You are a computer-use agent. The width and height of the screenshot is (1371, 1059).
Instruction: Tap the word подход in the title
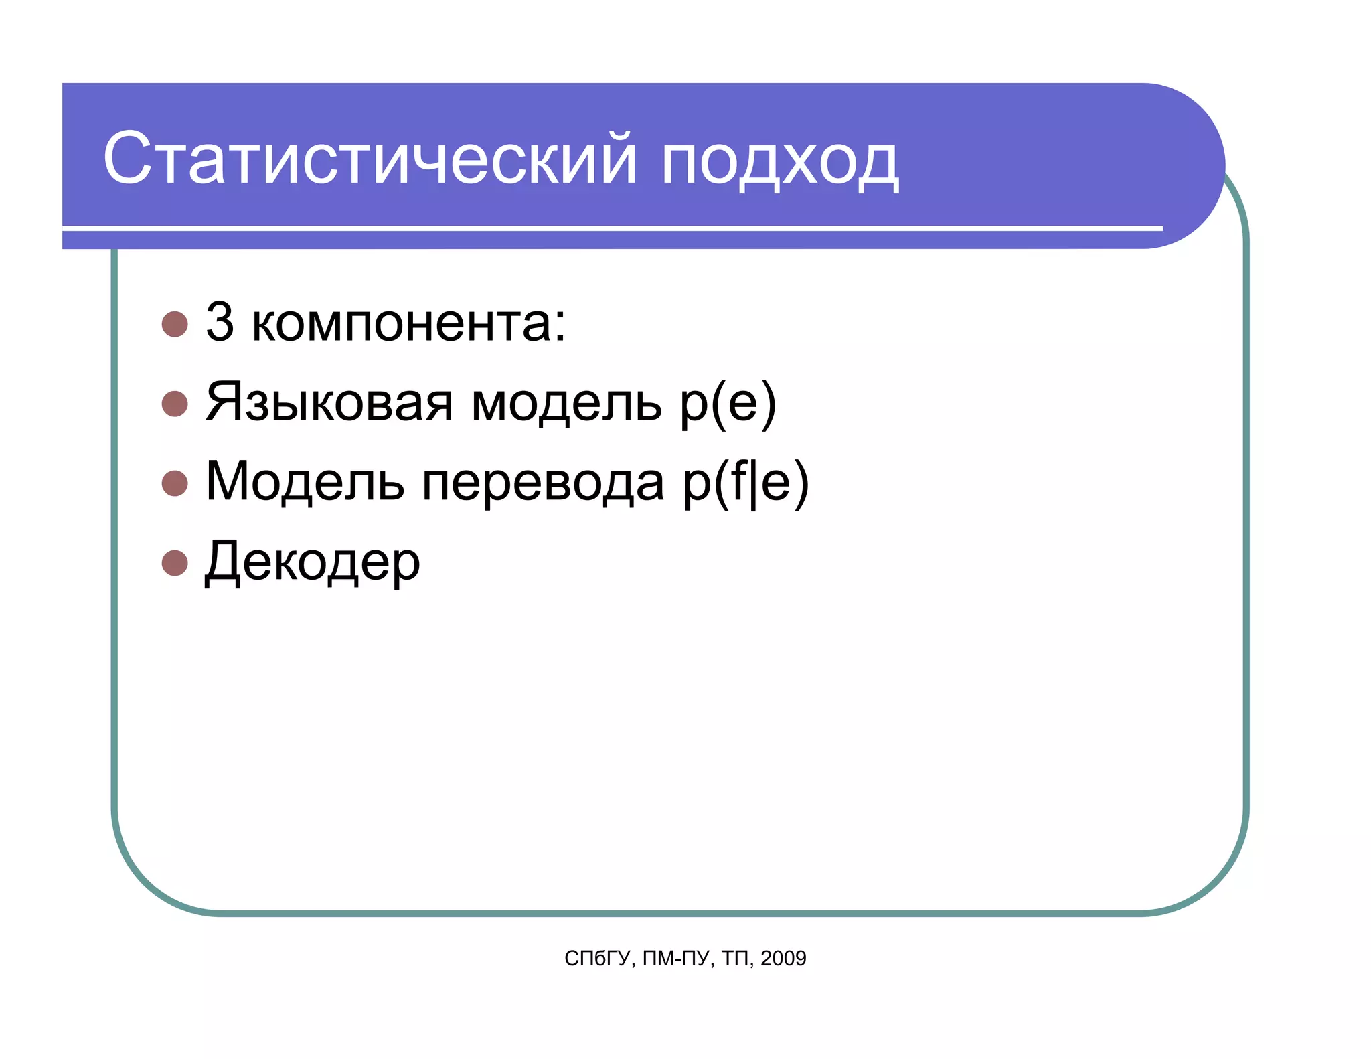[x=779, y=161]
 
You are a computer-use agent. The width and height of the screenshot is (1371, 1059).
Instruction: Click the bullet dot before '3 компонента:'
[x=175, y=324]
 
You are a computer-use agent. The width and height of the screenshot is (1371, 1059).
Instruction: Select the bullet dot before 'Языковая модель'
[x=175, y=404]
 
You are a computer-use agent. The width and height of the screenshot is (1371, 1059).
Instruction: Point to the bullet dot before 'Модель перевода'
[x=175, y=483]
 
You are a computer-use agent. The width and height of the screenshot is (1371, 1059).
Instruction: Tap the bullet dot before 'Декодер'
[x=175, y=563]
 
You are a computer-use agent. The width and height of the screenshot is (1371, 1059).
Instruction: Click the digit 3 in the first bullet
[x=220, y=322]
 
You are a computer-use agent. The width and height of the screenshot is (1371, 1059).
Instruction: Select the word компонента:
[x=408, y=324]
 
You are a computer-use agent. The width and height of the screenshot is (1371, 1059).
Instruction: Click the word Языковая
[x=329, y=402]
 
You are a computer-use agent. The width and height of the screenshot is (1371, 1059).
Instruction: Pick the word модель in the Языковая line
[x=566, y=404]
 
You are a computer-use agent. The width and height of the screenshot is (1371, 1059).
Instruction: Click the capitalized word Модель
[x=305, y=482]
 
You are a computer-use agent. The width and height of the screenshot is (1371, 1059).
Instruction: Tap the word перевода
[x=543, y=483]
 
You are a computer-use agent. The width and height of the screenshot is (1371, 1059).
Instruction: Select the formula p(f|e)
[x=746, y=483]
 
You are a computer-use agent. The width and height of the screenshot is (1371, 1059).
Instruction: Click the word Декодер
[x=312, y=563]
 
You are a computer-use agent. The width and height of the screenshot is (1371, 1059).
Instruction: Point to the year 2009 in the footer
[x=783, y=959]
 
